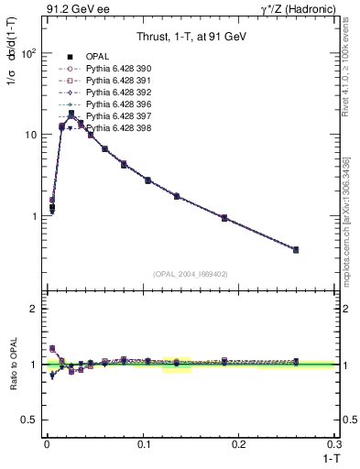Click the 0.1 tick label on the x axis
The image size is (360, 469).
click(143, 442)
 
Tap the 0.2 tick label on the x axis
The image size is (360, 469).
click(239, 442)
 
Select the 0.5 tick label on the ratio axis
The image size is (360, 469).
click(27, 420)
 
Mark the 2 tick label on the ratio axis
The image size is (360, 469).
click(32, 309)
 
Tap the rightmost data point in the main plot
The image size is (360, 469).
click(321, 249)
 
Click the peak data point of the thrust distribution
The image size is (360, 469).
click(71, 115)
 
